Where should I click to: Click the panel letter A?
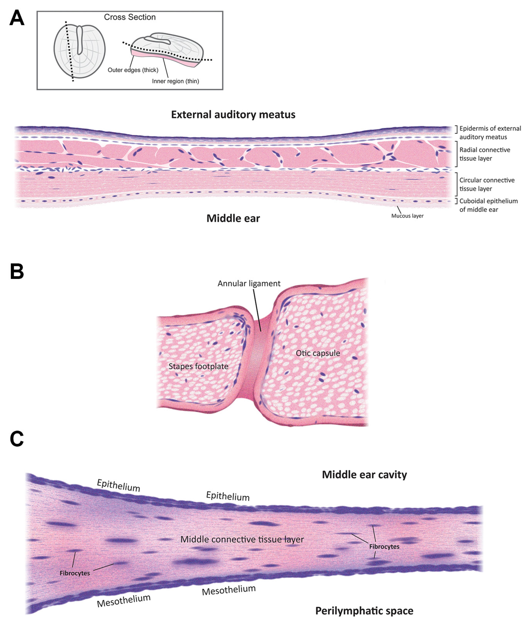[17, 18]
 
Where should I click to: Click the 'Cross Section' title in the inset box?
[130, 17]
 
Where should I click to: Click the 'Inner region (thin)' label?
[176, 81]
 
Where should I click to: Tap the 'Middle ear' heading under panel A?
[233, 218]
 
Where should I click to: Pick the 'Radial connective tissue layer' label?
[485, 154]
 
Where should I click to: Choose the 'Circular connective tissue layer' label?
[487, 184]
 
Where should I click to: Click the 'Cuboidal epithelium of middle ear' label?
[489, 205]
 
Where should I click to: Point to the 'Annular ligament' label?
[249, 283]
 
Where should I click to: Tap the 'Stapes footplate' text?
[198, 366]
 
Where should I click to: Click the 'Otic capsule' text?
[318, 353]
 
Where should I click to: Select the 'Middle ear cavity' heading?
[364, 475]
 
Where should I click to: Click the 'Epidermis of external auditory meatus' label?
[490, 133]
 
